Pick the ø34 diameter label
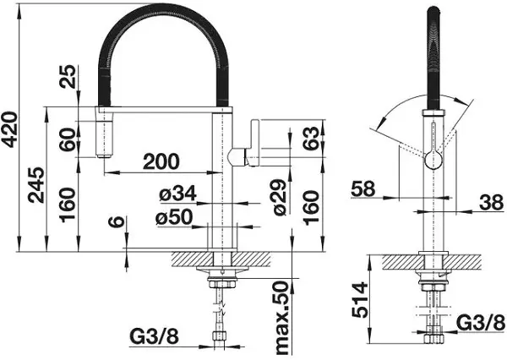(177, 194)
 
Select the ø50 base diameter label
(175, 218)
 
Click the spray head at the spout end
(103, 135)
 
